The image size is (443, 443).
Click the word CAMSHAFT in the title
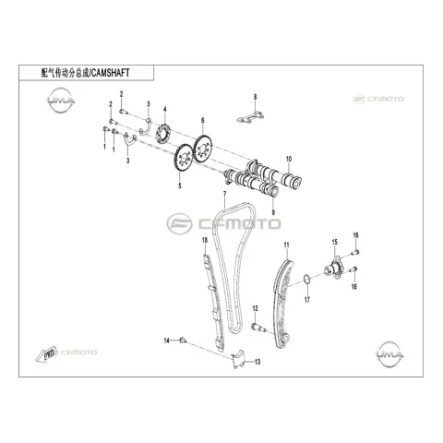click(111, 73)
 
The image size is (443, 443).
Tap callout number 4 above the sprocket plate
click(165, 110)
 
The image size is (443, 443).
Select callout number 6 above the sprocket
click(202, 121)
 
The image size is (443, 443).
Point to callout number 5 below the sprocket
click(180, 186)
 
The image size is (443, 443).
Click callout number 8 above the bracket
click(255, 97)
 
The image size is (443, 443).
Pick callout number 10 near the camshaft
click(289, 160)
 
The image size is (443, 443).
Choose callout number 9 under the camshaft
click(273, 212)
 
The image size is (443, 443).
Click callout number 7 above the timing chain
click(224, 194)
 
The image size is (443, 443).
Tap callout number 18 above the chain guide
click(205, 240)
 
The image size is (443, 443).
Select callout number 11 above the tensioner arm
click(287, 245)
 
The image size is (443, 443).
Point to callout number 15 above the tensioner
click(335, 242)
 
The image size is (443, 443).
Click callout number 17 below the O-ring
click(307, 299)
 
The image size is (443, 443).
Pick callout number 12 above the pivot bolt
click(255, 308)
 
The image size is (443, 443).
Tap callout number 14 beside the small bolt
click(167, 341)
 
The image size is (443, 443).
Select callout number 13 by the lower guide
click(257, 362)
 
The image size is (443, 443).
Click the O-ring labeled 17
click(306, 280)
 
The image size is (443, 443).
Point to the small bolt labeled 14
click(183, 340)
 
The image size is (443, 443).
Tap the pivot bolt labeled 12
click(257, 328)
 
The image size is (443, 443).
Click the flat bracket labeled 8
click(251, 117)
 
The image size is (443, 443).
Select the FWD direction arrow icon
click(46, 353)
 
